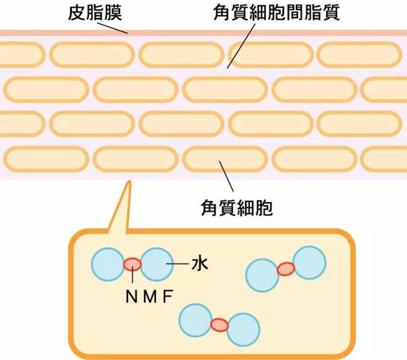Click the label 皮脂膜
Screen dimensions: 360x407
click(x=95, y=13)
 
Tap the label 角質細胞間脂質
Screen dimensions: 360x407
click(x=277, y=13)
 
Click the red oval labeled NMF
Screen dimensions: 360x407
click(x=132, y=265)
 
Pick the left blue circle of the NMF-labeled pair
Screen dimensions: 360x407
click(x=107, y=265)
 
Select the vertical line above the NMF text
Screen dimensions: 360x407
click(x=133, y=279)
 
